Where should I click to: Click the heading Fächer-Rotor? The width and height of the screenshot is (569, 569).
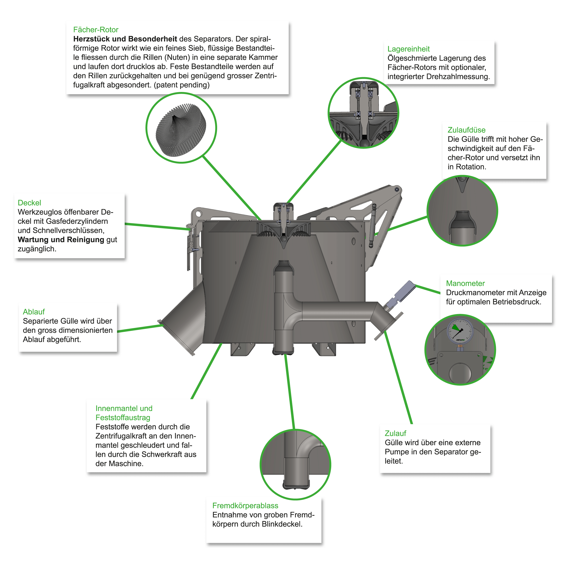[96, 30]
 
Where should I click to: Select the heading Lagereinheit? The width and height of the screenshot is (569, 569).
[409, 49]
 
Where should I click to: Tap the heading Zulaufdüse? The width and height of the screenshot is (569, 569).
[467, 130]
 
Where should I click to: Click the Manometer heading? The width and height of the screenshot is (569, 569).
[465, 283]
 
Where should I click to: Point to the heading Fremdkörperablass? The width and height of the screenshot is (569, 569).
[245, 506]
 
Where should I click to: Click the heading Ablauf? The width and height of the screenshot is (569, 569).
[34, 312]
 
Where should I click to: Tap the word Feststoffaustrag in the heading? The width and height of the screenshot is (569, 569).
[123, 418]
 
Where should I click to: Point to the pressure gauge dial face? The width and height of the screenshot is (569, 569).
[460, 331]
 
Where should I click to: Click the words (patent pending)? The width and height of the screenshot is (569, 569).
[182, 85]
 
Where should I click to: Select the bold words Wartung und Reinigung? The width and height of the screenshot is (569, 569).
[61, 240]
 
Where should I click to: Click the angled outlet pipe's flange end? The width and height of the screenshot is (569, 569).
[177, 338]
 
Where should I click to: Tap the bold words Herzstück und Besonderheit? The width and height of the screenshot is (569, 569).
[125, 39]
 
